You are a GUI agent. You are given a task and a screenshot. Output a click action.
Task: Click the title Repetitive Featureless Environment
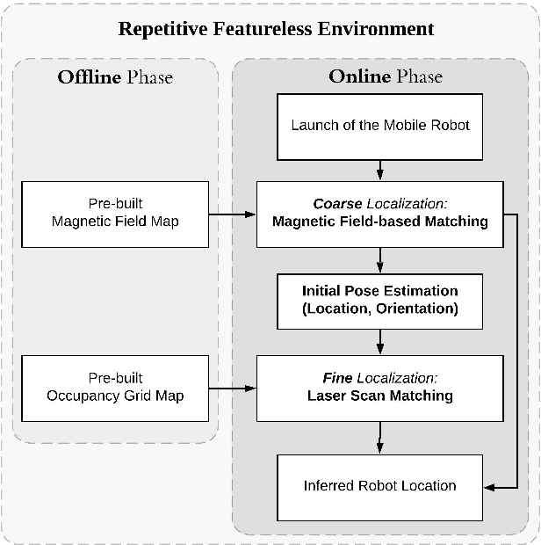pos(277,29)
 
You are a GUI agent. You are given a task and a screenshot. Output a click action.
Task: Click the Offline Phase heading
pos(115,76)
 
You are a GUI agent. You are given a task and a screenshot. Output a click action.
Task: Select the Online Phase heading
pos(386,76)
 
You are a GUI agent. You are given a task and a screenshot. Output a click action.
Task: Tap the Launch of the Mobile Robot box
pos(380,125)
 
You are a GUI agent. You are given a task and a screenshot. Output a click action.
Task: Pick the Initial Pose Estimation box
pos(380,299)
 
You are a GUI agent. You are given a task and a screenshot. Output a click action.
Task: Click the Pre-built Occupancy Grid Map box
pos(115,387)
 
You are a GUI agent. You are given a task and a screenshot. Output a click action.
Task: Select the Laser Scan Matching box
pos(380,387)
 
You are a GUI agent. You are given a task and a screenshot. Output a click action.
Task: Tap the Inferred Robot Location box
pos(380,485)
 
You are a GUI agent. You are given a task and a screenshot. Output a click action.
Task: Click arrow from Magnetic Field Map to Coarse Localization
pos(233,212)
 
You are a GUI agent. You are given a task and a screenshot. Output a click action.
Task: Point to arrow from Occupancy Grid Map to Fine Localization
pos(233,387)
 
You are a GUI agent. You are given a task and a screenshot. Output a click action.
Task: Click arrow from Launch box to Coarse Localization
pos(380,169)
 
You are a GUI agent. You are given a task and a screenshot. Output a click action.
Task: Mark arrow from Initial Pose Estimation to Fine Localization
pos(380,343)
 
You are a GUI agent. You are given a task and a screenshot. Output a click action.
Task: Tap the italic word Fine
pos(338,378)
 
